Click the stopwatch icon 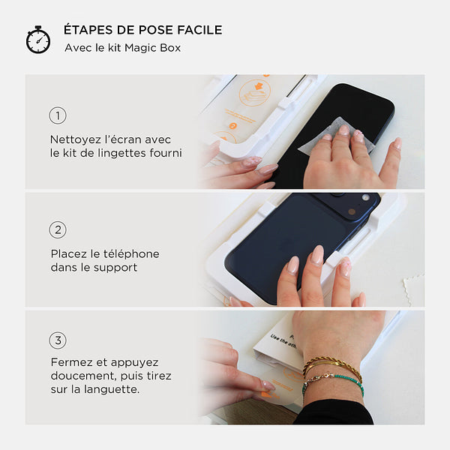pos(38,40)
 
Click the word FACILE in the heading pos(199,30)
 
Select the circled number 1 pos(58,115)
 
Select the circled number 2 pos(58,230)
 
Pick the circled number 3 pos(58,340)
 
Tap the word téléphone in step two pos(131,253)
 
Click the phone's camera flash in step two pos(366,197)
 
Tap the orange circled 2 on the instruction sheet pos(232,126)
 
